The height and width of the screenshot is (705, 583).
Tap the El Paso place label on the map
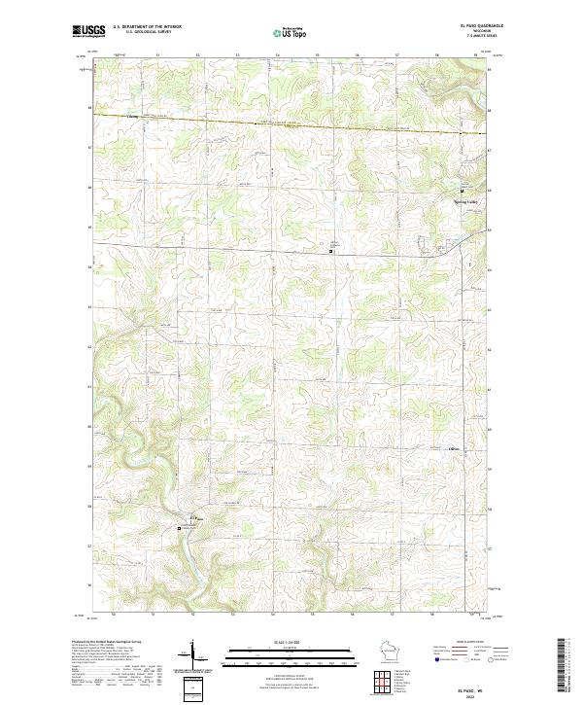click(192, 517)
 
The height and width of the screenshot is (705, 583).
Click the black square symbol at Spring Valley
click(462, 191)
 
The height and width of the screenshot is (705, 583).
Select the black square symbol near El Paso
click(180, 529)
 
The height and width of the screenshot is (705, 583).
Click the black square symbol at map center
click(331, 251)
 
